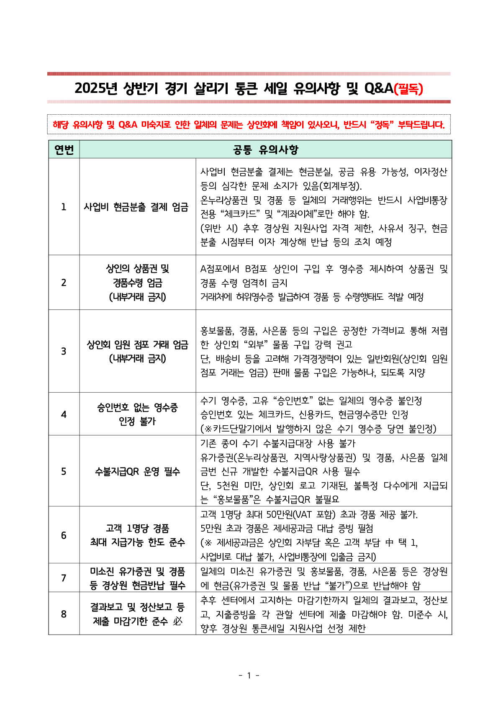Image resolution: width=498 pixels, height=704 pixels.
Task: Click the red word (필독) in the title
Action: (x=408, y=88)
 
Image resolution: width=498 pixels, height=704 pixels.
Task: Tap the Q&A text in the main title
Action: (x=379, y=88)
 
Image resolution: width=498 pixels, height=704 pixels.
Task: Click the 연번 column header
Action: (x=64, y=150)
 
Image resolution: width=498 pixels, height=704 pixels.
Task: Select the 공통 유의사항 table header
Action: (x=265, y=150)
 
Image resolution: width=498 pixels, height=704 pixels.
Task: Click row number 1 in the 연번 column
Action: (x=64, y=207)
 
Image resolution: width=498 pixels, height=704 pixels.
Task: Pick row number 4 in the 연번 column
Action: (x=64, y=414)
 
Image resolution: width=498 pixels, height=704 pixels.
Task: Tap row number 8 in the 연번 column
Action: (x=64, y=614)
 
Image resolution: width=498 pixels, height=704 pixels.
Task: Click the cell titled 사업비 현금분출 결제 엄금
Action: (x=136, y=207)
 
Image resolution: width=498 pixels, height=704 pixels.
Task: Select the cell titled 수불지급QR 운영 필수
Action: (x=137, y=472)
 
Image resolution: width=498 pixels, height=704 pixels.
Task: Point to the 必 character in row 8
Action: (x=177, y=621)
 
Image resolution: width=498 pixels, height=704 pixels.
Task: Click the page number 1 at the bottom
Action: (x=249, y=675)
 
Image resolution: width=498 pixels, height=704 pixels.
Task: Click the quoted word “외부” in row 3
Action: (x=255, y=344)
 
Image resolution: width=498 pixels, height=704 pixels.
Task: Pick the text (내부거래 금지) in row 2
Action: (x=137, y=297)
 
